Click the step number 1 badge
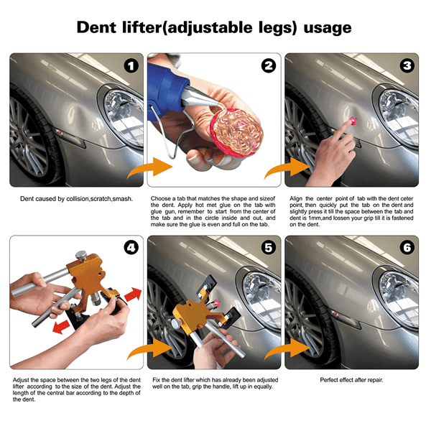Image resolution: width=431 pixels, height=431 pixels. coord(131,66)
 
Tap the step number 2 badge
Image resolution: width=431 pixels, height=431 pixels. coord(269,66)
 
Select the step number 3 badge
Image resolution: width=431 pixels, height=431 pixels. coord(407,65)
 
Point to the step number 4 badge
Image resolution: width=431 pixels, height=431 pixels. coord(131,248)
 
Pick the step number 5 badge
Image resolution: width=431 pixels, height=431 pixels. coord(269,248)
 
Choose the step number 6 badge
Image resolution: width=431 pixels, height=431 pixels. coord(407,248)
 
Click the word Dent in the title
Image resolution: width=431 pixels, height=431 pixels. coord(96,27)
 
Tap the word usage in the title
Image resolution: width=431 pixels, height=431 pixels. coord(328,28)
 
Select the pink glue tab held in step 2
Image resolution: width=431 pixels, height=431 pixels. coord(236,132)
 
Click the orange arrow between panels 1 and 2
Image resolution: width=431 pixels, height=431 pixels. coord(150,167)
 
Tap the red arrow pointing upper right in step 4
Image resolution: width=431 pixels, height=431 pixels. coord(133,294)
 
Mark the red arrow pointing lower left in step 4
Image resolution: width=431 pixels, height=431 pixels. coord(62,326)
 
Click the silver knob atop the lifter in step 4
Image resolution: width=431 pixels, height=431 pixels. coord(81,255)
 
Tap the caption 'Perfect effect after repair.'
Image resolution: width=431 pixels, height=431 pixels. coord(351,380)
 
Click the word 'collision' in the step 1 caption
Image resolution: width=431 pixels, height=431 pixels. coord(78,199)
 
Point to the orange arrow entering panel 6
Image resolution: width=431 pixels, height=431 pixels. coord(287,349)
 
